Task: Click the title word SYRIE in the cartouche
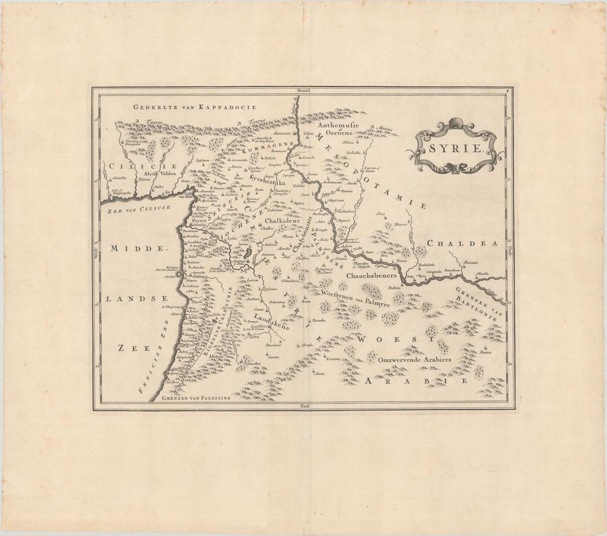pyautogui.click(x=454, y=148)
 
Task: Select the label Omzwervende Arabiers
pyautogui.click(x=415, y=360)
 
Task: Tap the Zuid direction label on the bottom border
pyautogui.click(x=304, y=407)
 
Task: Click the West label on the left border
pyautogui.click(x=95, y=251)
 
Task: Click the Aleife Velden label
pyautogui.click(x=159, y=174)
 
